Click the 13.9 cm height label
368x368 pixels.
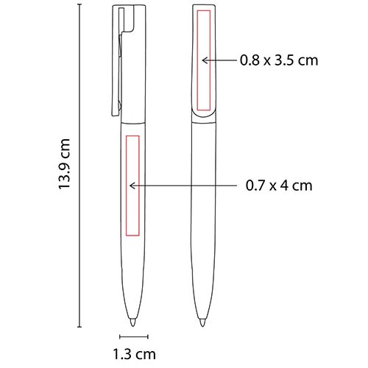(x=65, y=163)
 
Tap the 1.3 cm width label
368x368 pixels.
(x=134, y=354)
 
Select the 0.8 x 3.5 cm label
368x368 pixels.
(x=279, y=60)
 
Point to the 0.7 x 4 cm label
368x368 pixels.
(x=279, y=185)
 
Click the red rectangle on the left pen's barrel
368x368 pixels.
(x=126, y=185)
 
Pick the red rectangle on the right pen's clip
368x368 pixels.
(x=197, y=60)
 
